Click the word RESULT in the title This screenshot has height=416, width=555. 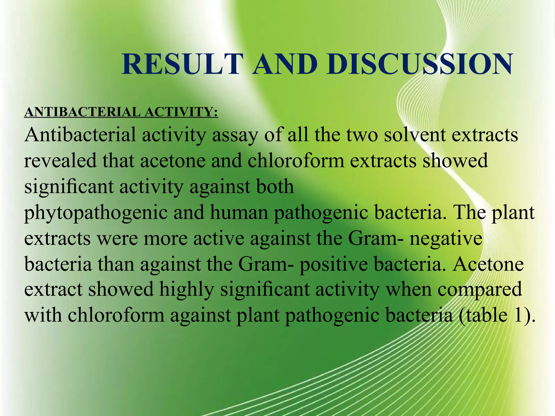tap(181, 64)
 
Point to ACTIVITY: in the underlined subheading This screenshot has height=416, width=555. tap(181, 112)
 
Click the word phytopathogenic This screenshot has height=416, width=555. tap(96, 213)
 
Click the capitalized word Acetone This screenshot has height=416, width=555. tap(488, 264)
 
